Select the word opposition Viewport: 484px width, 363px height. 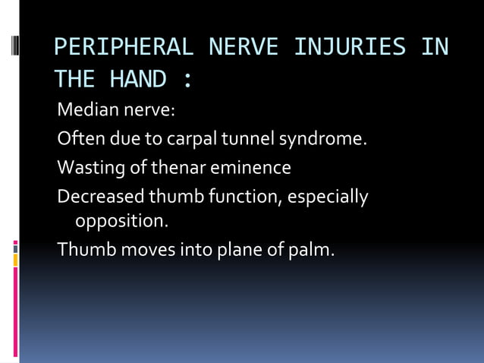coord(121,222)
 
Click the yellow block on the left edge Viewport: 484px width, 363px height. coord(15,260)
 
